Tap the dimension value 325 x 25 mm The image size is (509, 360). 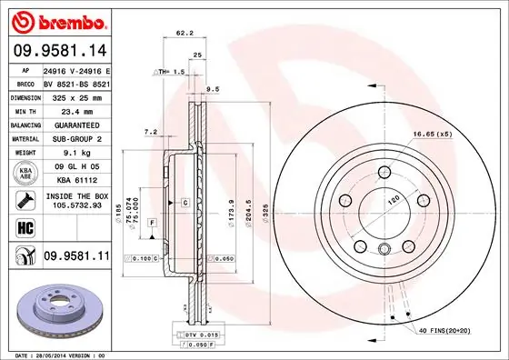coord(75,95)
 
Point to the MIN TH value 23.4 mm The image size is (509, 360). coord(75,109)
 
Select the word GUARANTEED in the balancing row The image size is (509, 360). coord(75,124)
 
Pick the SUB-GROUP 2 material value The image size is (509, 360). coord(75,138)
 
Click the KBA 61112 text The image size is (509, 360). coord(75,182)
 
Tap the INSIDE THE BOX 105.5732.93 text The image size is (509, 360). coord(75,201)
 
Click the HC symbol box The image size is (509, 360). coord(25,228)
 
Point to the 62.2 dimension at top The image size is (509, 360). coord(185,34)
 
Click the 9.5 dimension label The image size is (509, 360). coord(215,89)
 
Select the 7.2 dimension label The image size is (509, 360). coord(151,133)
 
